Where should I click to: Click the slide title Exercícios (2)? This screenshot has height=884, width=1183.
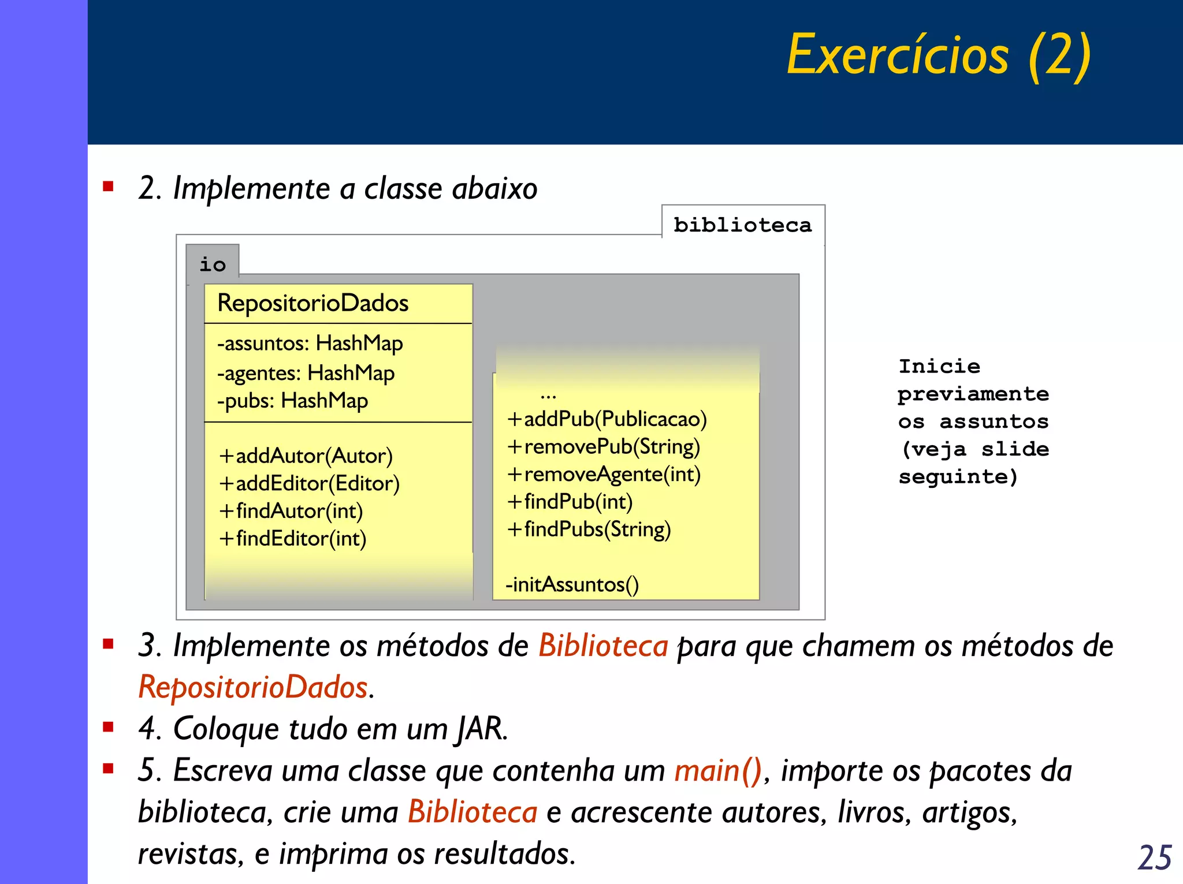[x=939, y=55]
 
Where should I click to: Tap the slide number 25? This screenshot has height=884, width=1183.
[x=1154, y=857]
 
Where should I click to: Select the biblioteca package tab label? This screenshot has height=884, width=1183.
[x=742, y=225]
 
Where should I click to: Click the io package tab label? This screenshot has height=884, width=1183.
[x=213, y=264]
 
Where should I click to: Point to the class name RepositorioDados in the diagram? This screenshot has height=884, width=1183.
[x=313, y=303]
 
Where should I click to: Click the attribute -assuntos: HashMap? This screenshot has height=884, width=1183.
[x=310, y=344]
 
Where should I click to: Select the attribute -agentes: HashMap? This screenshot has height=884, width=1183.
[x=306, y=373]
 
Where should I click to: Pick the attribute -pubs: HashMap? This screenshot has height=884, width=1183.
[x=292, y=401]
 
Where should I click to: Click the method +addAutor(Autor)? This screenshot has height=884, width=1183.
[x=306, y=456]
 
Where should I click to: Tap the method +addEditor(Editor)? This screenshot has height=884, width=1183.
[x=309, y=483]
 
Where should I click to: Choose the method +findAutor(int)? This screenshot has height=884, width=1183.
[x=291, y=511]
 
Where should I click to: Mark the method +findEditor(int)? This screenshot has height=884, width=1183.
[x=292, y=539]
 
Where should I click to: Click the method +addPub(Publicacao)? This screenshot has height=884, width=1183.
[x=607, y=419]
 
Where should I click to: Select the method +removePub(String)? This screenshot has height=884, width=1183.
[x=603, y=447]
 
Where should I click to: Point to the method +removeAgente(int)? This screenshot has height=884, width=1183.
[x=604, y=475]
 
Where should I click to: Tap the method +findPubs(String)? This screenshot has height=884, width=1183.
[x=589, y=529]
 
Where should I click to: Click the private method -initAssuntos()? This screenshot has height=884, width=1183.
[x=572, y=584]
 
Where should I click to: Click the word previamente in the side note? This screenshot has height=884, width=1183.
[x=973, y=394]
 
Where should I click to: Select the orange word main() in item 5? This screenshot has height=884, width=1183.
[x=718, y=771]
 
